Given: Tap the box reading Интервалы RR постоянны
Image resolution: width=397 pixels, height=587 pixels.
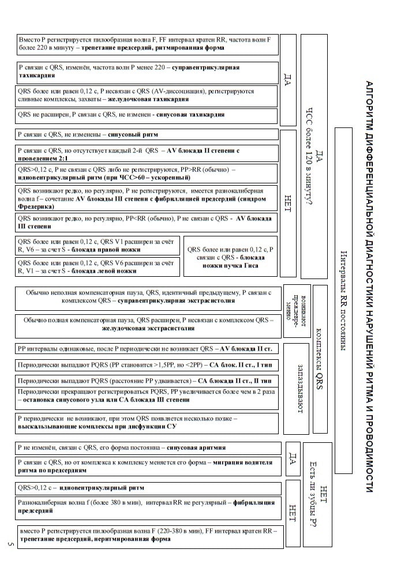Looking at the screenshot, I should tap(343, 300).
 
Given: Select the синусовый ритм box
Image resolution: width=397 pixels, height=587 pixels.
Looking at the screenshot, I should tap(147, 134).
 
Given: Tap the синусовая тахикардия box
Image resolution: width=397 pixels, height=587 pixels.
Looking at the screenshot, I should tap(147, 115).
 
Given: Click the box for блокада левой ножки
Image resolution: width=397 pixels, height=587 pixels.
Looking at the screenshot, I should tap(98, 266).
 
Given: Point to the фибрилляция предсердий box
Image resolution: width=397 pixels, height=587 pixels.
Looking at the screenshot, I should tap(147, 507).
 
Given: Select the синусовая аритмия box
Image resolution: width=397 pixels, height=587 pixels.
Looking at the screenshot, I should tap(147, 447).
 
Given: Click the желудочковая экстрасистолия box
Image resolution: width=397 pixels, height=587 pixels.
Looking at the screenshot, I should tap(147, 325).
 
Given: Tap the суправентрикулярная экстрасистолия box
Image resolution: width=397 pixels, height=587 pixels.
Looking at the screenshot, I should tap(147, 297).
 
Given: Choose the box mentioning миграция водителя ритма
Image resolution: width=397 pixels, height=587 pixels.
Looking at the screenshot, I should tap(147, 466).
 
